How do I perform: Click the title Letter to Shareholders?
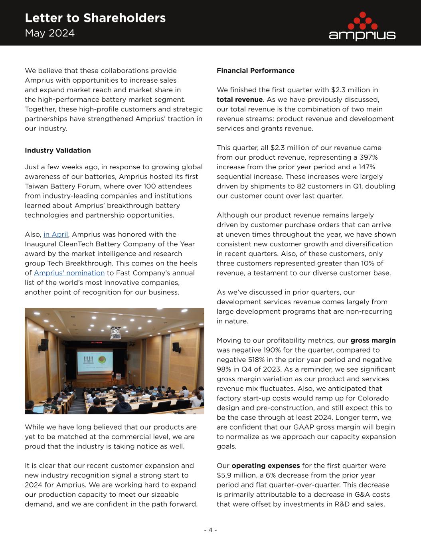(95, 18)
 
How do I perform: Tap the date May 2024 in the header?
(49, 33)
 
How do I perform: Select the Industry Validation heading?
(58, 151)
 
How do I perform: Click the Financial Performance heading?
(255, 71)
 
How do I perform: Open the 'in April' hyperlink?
(56, 234)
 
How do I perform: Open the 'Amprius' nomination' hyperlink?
(69, 273)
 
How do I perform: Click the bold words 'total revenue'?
(239, 99)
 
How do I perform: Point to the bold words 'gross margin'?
(373, 341)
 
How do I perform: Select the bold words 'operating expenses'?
(265, 466)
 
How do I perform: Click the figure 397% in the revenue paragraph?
(368, 157)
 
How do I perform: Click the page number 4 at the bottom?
(210, 530)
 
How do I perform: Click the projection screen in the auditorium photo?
(95, 362)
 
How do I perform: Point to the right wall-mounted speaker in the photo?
(176, 347)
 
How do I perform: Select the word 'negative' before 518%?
(230, 360)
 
